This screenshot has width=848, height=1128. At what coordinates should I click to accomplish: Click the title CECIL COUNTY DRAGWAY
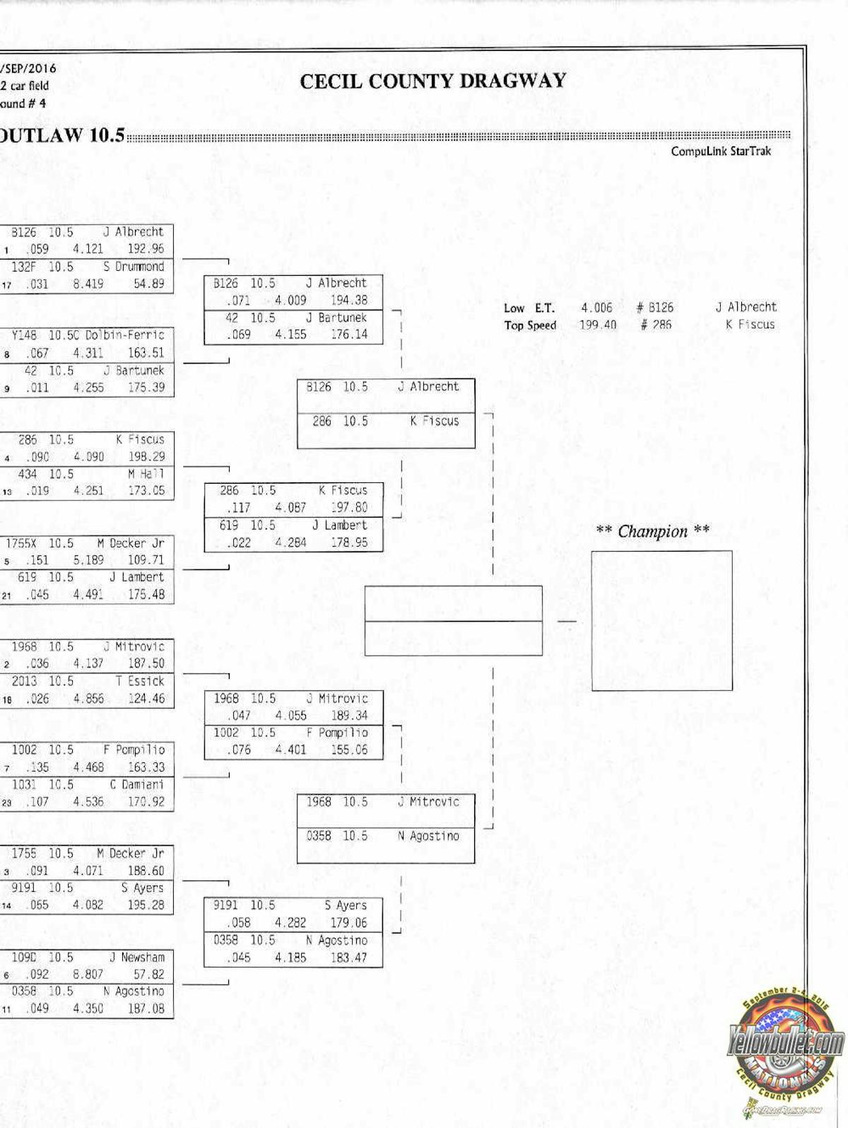pyautogui.click(x=432, y=81)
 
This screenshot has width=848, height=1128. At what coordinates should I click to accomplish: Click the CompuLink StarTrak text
pyautogui.click(x=721, y=151)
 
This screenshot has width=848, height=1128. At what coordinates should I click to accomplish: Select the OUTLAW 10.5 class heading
pyautogui.click(x=62, y=135)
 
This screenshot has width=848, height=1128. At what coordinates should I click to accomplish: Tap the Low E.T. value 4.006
pyautogui.click(x=596, y=308)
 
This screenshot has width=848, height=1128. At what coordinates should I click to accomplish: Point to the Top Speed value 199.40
pyautogui.click(x=597, y=325)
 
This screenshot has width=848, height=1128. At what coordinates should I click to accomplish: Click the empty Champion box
pyautogui.click(x=661, y=620)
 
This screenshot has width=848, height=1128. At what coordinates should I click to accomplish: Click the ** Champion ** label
pyautogui.click(x=652, y=532)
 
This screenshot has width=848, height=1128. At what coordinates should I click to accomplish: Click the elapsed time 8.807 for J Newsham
pyautogui.click(x=88, y=975)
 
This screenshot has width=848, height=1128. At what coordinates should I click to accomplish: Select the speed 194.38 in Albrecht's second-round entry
pyautogui.click(x=349, y=300)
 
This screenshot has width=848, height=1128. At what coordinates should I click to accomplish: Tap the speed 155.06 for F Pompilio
pyautogui.click(x=349, y=750)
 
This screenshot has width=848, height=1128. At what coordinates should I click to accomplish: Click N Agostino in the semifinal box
pyautogui.click(x=428, y=836)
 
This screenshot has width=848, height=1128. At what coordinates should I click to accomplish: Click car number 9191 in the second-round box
pyautogui.click(x=226, y=905)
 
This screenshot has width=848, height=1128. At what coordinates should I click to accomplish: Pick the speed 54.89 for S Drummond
pyautogui.click(x=148, y=284)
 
